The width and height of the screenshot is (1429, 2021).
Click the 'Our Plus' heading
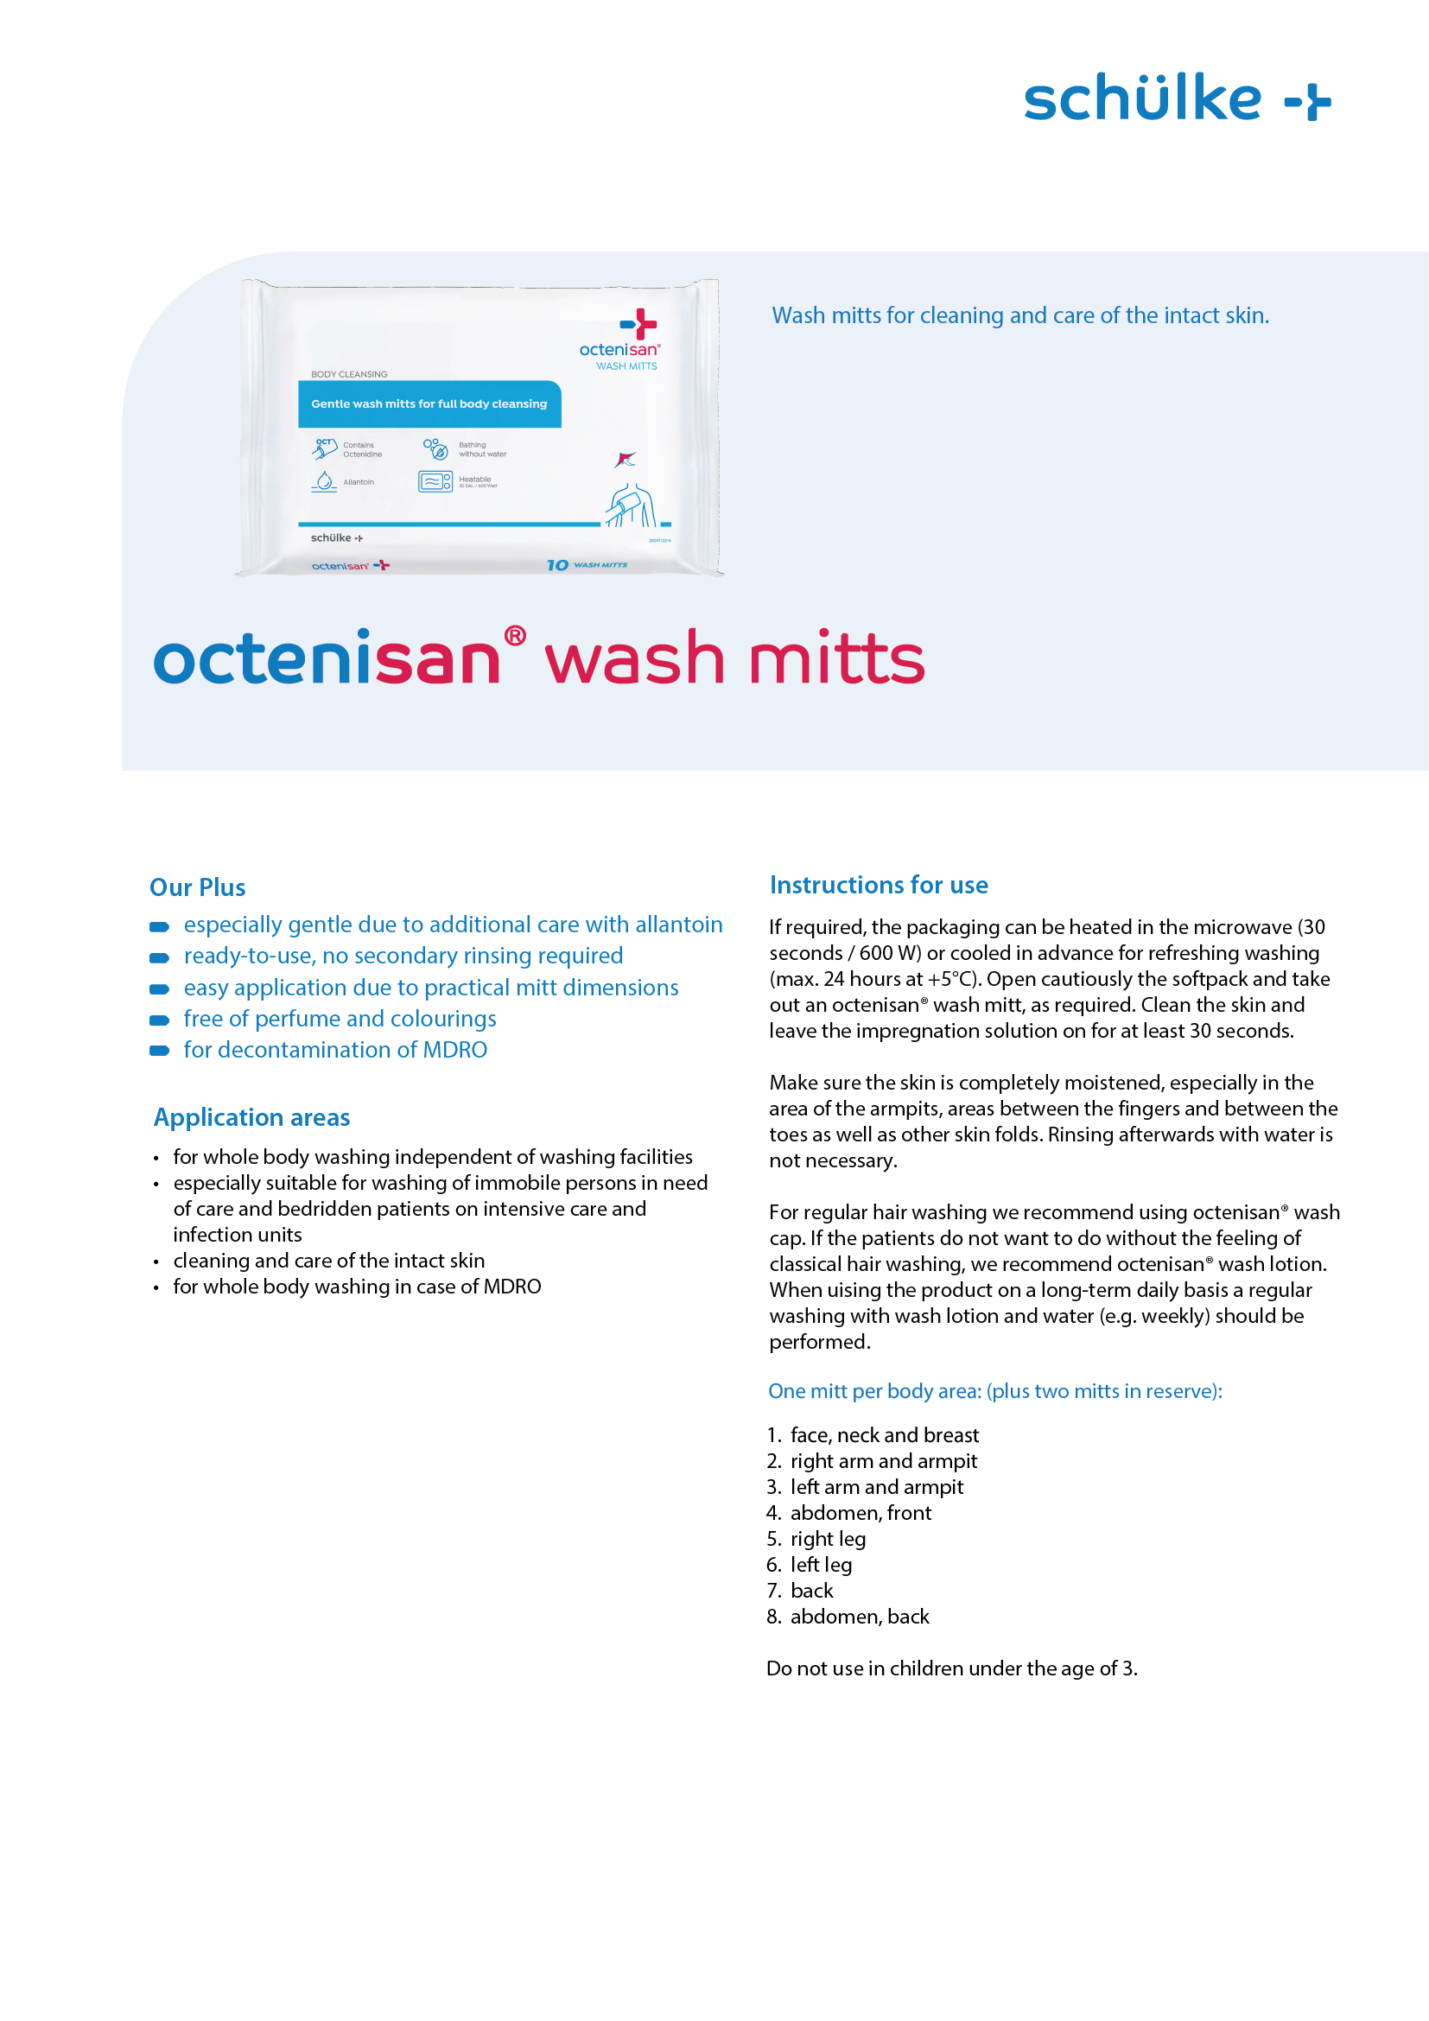pyautogui.click(x=197, y=887)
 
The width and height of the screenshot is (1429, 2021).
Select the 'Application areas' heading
pyautogui.click(x=251, y=1117)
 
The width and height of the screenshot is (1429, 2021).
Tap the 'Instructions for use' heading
pyautogui.click(x=878, y=885)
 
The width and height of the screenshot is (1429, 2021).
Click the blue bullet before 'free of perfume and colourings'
pyautogui.click(x=159, y=1020)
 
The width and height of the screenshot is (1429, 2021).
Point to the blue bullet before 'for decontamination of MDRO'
pyautogui.click(x=159, y=1051)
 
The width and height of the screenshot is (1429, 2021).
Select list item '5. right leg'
pyautogui.click(x=816, y=1539)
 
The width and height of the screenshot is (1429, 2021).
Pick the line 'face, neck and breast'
pyautogui.click(x=884, y=1435)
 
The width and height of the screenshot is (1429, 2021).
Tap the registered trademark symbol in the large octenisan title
pyautogui.click(x=515, y=636)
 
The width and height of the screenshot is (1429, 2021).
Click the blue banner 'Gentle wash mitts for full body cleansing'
pyautogui.click(x=429, y=404)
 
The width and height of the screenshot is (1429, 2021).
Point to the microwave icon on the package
pyautogui.click(x=435, y=481)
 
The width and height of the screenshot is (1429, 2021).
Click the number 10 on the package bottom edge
pyautogui.click(x=557, y=565)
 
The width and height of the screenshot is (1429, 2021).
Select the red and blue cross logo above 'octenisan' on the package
pyautogui.click(x=639, y=324)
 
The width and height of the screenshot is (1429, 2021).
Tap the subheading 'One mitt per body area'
pyautogui.click(x=994, y=1391)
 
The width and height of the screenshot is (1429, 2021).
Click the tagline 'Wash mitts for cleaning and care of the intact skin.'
pyautogui.click(x=1019, y=315)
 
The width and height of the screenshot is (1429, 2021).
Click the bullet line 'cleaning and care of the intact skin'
pyautogui.click(x=328, y=1261)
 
